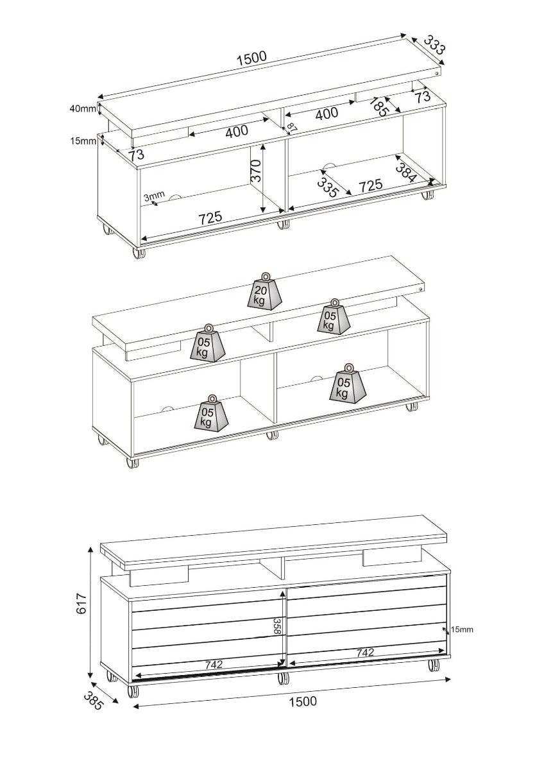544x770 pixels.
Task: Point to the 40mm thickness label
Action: pyautogui.click(x=82, y=108)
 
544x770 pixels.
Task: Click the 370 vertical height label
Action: pyautogui.click(x=256, y=171)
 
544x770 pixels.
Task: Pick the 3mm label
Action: pyautogui.click(x=154, y=196)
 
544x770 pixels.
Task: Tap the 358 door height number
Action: pyautogui.click(x=277, y=626)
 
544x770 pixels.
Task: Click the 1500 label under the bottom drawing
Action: pyautogui.click(x=302, y=701)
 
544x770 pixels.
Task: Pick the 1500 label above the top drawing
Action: pyautogui.click(x=251, y=58)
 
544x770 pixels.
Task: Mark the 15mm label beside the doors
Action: pyautogui.click(x=461, y=629)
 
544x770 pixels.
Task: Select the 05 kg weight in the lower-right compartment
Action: pyautogui.click(x=345, y=385)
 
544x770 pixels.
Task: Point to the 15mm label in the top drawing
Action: pyautogui.click(x=82, y=141)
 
